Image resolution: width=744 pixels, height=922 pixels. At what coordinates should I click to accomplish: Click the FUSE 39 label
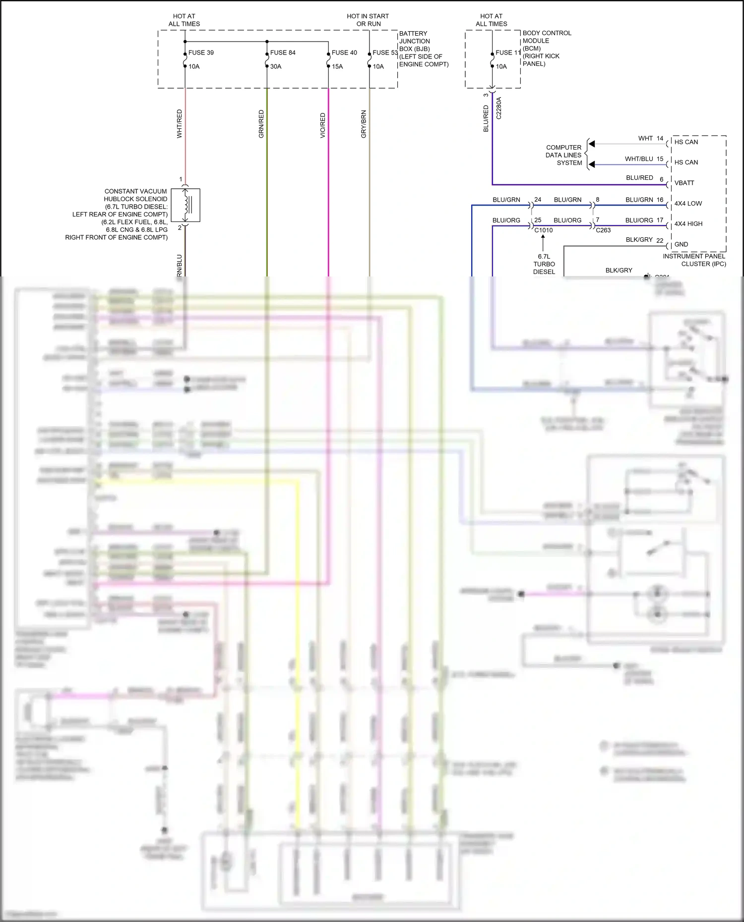201,53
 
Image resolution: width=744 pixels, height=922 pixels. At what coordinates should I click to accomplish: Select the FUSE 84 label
283,53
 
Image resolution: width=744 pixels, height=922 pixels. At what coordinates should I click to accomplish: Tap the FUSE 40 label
344,53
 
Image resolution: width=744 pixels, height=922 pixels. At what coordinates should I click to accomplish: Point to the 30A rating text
276,66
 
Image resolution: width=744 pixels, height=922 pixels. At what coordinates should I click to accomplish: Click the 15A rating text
337,66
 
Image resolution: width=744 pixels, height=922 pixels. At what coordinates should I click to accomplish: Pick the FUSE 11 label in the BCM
508,53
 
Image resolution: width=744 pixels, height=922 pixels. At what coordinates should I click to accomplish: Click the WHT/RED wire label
180,124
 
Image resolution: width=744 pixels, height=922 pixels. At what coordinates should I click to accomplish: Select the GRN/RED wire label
261,124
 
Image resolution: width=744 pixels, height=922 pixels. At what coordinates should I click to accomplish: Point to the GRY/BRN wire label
364,124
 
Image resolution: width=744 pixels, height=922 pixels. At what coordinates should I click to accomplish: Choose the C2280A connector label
499,108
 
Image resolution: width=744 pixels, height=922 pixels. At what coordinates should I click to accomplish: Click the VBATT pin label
684,183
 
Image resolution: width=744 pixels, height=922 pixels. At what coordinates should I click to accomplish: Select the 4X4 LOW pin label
688,203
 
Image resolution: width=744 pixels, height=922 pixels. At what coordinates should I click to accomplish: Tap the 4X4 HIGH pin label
688,223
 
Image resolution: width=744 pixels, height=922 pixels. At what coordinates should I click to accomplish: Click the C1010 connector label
543,230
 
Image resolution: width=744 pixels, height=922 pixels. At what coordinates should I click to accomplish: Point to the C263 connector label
603,230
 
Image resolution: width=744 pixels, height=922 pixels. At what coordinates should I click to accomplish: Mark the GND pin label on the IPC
681,244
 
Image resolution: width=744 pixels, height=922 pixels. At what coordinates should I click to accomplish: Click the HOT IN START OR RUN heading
368,20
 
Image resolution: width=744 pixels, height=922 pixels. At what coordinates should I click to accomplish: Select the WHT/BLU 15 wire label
644,159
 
